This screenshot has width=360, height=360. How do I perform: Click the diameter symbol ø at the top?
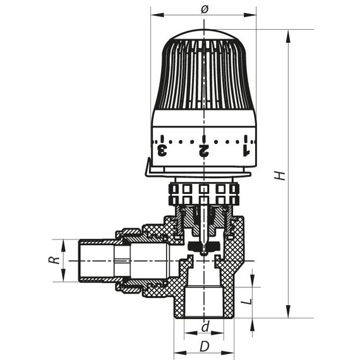point(204,8)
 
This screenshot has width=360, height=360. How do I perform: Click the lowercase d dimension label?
point(205,327)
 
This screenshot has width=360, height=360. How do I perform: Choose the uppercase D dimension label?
point(205,346)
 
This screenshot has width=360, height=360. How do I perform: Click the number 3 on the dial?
point(162,150)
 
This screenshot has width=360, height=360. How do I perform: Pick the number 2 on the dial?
point(204,150)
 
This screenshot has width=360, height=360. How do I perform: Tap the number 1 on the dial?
point(246,150)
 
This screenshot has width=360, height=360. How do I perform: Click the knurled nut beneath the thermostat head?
point(204,193)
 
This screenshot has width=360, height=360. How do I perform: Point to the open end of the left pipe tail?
point(79,260)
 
